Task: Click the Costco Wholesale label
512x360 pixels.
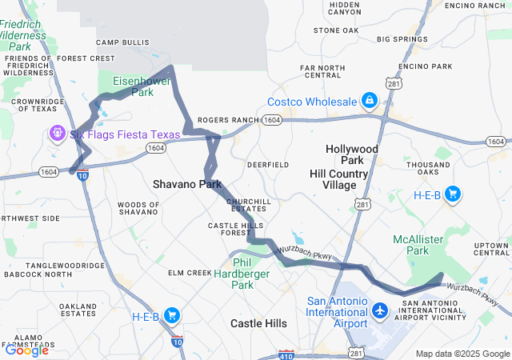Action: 310,102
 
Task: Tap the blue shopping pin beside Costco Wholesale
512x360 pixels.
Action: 369,101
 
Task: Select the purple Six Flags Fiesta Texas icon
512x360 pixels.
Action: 58,133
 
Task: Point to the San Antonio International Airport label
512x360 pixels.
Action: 338,312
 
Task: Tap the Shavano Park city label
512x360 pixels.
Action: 187,184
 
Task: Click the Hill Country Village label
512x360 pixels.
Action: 338,180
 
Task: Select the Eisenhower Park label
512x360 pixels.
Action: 133,86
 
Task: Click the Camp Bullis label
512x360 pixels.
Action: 122,42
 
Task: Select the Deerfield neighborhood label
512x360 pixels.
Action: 268,164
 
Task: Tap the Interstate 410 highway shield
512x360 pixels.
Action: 286,354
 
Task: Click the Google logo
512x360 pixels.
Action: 26,350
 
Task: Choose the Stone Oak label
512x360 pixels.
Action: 336,30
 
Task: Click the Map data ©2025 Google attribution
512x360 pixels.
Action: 462,354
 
